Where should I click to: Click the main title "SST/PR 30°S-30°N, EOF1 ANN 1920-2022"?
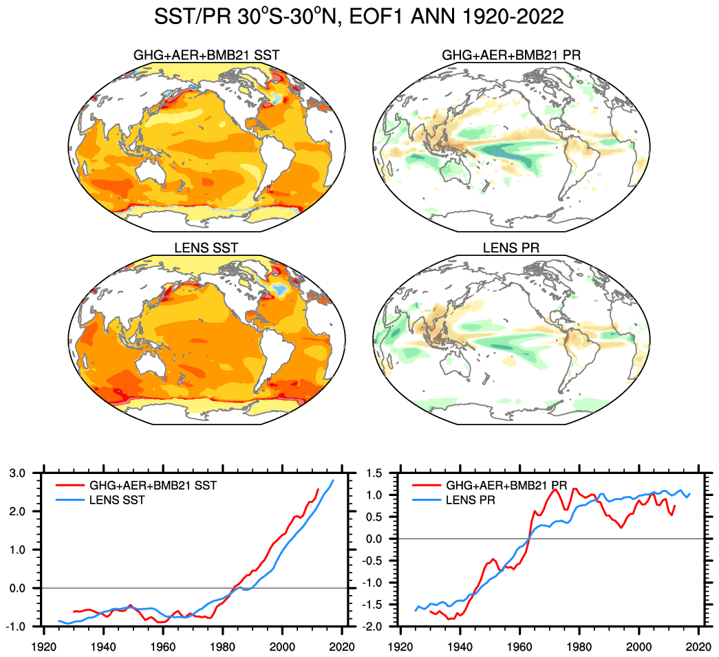[359, 17]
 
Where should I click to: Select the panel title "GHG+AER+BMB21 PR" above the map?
[511, 54]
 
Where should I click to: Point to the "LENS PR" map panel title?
[511, 248]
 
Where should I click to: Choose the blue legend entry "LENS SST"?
[118, 500]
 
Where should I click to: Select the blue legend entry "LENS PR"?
[471, 500]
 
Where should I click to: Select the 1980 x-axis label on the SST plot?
[224, 647]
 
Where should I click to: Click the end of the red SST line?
[318, 489]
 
